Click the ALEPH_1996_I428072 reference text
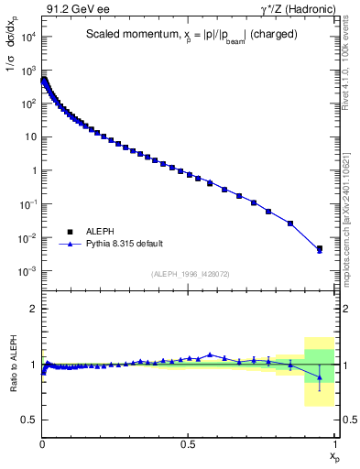tap(189, 274)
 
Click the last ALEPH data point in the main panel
tap(320, 248)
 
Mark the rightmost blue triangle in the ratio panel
tap(320, 377)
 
